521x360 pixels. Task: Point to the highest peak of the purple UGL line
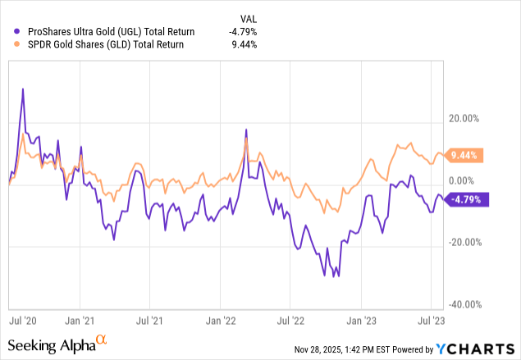click(22, 89)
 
